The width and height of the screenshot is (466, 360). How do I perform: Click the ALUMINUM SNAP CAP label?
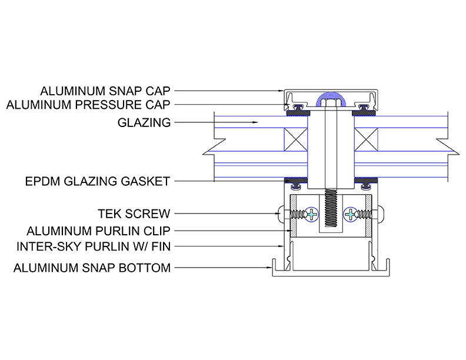point(105,91)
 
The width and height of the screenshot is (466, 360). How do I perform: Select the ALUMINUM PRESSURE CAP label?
point(88,105)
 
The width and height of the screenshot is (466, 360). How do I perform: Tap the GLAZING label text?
point(144,123)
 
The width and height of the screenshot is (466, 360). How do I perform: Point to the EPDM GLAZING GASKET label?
point(98,181)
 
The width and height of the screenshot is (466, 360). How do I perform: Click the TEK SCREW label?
point(134,214)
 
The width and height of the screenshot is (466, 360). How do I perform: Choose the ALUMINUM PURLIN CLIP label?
point(98,231)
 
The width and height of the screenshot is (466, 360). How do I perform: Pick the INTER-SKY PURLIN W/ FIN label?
point(94,246)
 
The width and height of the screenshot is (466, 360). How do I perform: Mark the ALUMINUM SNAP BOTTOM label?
point(92,268)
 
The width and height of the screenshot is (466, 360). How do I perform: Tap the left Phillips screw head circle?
point(311,214)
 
